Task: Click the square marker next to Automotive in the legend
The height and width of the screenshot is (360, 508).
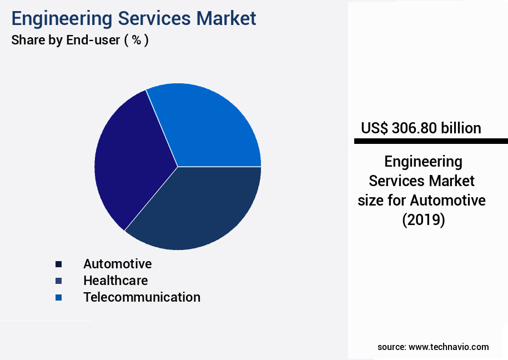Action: (59, 264)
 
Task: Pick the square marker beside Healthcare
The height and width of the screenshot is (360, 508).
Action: (59, 281)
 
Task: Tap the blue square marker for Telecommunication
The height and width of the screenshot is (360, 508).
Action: (59, 298)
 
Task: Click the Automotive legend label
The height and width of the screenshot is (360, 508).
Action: (117, 263)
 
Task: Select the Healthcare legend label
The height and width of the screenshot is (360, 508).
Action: (115, 280)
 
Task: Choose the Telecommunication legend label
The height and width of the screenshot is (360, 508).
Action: (142, 297)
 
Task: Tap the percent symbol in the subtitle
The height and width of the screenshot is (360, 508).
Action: (136, 41)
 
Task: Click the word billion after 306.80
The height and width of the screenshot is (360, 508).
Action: (461, 128)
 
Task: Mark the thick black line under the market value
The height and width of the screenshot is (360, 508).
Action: (430, 142)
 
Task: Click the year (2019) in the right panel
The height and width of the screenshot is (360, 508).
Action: (424, 220)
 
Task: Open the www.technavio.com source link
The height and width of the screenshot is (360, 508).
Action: (449, 347)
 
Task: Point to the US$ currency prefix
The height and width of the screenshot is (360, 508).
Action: (374, 128)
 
